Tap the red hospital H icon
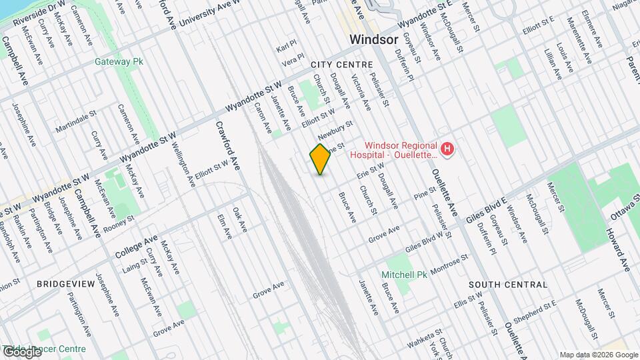point(448,148)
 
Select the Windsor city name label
point(374,39)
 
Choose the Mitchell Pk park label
point(404,275)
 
